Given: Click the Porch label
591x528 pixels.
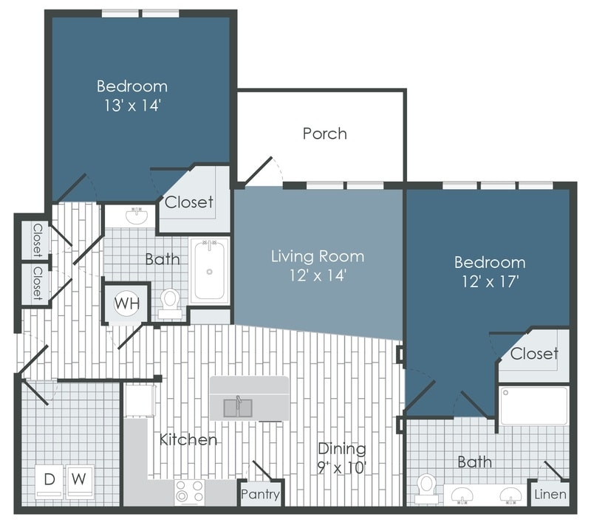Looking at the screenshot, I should click(x=324, y=134).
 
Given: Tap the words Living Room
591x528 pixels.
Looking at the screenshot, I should click(x=317, y=256).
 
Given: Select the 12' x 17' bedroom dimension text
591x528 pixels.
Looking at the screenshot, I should click(x=489, y=281).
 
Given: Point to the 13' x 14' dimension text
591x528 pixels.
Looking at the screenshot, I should click(x=132, y=106).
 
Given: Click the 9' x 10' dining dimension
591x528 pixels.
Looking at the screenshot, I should click(x=342, y=467).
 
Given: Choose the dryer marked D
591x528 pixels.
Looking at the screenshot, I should click(x=49, y=479).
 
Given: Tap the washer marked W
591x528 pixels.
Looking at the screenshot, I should click(x=81, y=479).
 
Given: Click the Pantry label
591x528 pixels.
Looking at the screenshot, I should click(x=261, y=494).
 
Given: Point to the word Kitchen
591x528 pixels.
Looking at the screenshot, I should click(x=188, y=440).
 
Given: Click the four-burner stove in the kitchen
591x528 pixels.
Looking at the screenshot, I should click(x=189, y=492).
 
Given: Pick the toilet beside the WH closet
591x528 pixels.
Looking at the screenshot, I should click(x=171, y=303).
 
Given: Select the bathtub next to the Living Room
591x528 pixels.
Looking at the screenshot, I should click(x=209, y=271).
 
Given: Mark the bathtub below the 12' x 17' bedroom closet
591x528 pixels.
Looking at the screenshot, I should click(x=533, y=405).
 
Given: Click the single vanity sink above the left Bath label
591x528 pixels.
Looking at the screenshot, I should click(x=136, y=216).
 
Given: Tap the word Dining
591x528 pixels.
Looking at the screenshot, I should click(x=342, y=448).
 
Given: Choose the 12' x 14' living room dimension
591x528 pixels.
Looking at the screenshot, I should click(x=317, y=275).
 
